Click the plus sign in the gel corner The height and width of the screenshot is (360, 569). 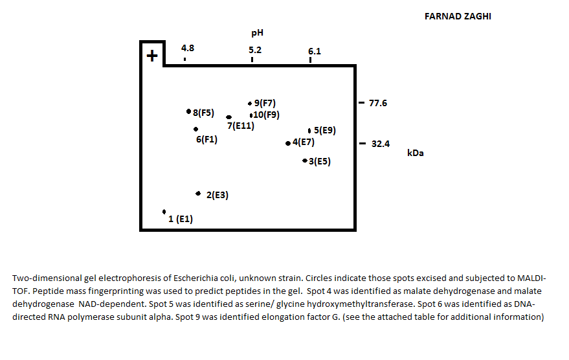pos(152,56)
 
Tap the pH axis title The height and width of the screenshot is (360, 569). pos(257,32)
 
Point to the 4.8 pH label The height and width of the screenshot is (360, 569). pos(188,49)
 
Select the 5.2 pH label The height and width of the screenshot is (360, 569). pos(255,50)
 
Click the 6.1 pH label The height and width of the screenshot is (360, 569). pos(315,51)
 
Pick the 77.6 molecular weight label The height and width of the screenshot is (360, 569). pos(378,103)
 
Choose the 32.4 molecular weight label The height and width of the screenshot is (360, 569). pos(380,144)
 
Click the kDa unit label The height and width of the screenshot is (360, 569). pos(416,153)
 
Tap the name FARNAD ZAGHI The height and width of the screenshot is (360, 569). pos(453,16)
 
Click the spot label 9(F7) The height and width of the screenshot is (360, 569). pos(265,103)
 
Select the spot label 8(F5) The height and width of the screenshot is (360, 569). pos(203,113)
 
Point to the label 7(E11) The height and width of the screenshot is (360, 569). pos(240,126)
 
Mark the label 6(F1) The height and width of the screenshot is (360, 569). pos(206,139)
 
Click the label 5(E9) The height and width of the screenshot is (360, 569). pos(324,130)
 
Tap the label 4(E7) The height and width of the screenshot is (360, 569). pos(303,142)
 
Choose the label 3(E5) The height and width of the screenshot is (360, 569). pos(319,161)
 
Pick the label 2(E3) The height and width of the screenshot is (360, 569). pos(218,195)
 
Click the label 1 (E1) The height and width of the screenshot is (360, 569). pos(181,219)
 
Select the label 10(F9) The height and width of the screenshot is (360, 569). pos(266,115)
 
